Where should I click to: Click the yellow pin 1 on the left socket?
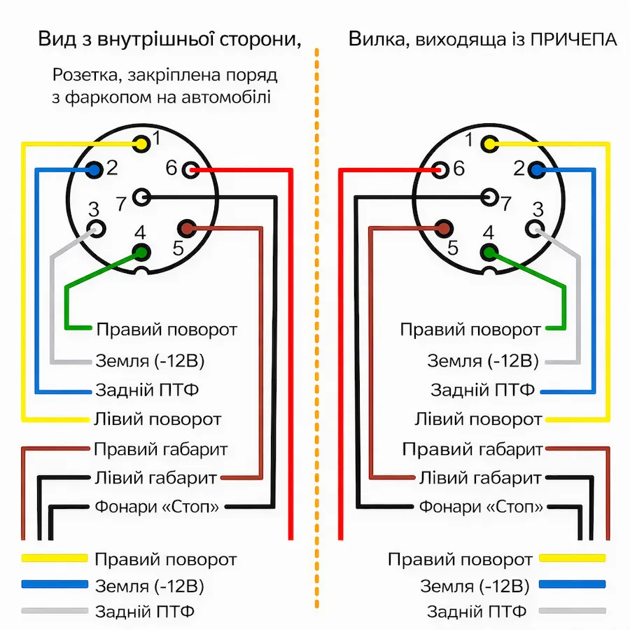[x=142, y=143]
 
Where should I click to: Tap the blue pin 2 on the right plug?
[x=536, y=169]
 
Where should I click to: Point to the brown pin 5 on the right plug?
[x=443, y=228]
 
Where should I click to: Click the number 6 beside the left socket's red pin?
[x=171, y=168]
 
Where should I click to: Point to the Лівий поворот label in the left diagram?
[x=157, y=419]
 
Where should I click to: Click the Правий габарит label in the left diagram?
[x=160, y=449]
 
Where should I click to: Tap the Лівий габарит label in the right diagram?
[x=480, y=478]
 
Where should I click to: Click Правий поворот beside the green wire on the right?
[x=470, y=329]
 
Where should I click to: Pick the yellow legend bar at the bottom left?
[x=55, y=559]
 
